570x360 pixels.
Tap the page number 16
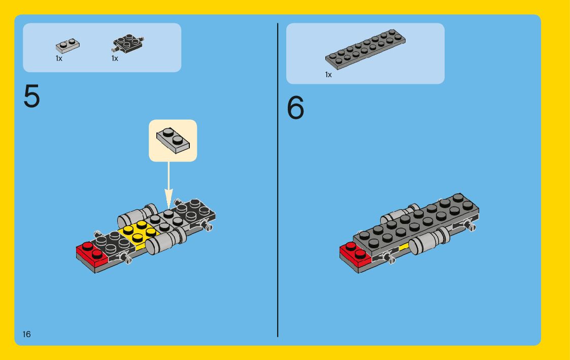[x=26, y=334]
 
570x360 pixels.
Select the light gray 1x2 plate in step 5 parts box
[x=68, y=46]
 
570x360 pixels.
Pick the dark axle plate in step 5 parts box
[x=128, y=43]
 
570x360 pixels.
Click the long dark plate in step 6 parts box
[x=365, y=49]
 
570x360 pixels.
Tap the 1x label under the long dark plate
[x=328, y=75]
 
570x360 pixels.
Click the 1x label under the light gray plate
[x=59, y=58]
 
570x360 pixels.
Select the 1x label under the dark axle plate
[x=115, y=58]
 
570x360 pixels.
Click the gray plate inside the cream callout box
[x=173, y=140]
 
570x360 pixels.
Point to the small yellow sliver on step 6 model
[x=404, y=247]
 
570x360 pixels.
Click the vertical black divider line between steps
[x=277, y=180]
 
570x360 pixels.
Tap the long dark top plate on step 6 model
[x=416, y=223]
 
